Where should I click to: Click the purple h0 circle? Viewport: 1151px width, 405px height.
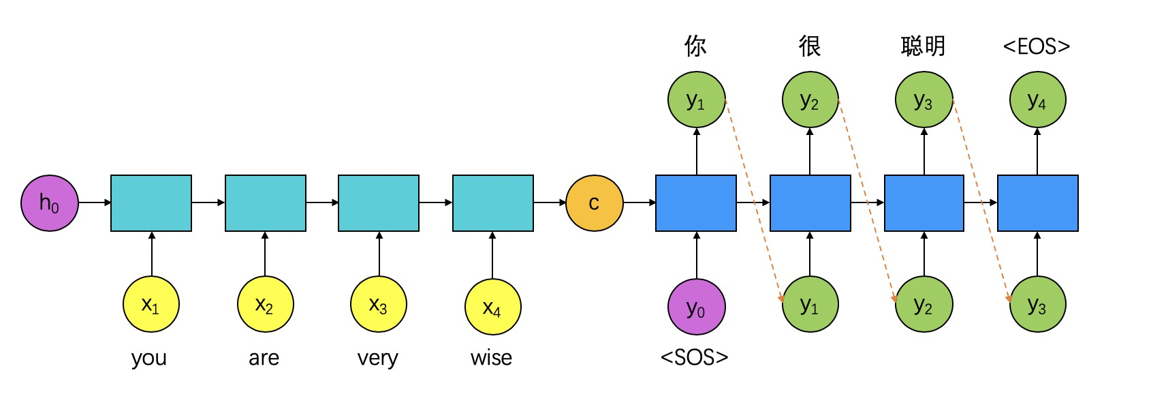click(x=49, y=202)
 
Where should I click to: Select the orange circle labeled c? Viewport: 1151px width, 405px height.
click(x=594, y=203)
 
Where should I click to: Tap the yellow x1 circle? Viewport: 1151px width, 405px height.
click(x=151, y=305)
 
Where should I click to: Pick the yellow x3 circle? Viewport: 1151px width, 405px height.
click(x=378, y=305)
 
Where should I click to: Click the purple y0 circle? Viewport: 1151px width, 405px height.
click(x=696, y=307)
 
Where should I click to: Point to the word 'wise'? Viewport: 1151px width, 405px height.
click(x=491, y=357)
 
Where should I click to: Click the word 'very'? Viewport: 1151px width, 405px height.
click(x=377, y=357)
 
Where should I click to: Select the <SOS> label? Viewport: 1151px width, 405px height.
click(x=695, y=357)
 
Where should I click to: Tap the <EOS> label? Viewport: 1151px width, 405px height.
click(x=1037, y=46)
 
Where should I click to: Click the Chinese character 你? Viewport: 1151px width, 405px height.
click(x=695, y=46)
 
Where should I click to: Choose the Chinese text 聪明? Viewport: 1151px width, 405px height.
click(x=923, y=46)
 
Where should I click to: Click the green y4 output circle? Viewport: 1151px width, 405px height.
click(x=1037, y=100)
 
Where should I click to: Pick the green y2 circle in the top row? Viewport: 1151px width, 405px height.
click(x=810, y=100)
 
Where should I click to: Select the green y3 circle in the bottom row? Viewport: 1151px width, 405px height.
click(x=1037, y=305)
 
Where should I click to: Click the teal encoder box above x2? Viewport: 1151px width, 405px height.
click(x=265, y=203)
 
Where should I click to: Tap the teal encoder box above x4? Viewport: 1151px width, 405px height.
click(x=492, y=203)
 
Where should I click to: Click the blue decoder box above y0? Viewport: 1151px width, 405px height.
click(x=695, y=203)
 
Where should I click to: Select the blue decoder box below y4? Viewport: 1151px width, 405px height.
click(x=1037, y=203)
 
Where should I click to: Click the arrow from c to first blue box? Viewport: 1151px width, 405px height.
click(x=639, y=202)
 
